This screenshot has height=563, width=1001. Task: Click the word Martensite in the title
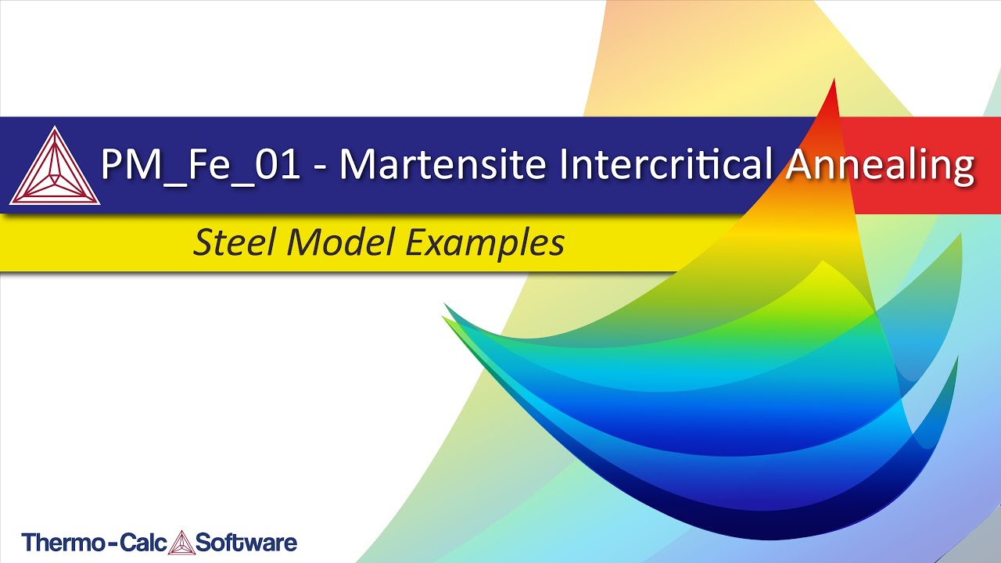[443, 163]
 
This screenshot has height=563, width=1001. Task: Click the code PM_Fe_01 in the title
[200, 165]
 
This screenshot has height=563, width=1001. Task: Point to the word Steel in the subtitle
[234, 242]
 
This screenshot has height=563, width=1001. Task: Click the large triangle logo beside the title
[55, 166]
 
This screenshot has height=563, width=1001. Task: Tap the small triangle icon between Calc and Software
[181, 542]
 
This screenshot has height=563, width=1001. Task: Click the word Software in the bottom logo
[246, 543]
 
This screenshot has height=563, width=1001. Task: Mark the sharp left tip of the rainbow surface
[443, 317]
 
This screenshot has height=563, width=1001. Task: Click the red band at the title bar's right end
[920, 165]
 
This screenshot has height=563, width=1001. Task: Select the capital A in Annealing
[800, 163]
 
